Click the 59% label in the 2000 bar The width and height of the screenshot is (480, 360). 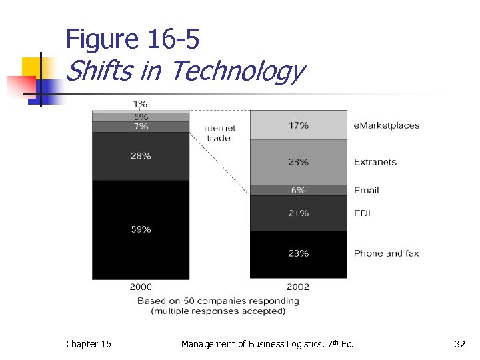click(x=141, y=229)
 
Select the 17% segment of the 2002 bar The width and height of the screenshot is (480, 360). click(x=299, y=125)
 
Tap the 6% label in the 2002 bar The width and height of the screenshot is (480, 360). click(x=299, y=190)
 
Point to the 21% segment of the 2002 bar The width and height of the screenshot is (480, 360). click(x=299, y=213)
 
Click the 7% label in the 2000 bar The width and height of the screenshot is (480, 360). click(x=141, y=126)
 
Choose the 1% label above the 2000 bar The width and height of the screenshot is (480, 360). click(x=141, y=103)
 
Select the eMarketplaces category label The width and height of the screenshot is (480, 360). click(x=387, y=125)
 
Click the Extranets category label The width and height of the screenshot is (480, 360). click(x=375, y=162)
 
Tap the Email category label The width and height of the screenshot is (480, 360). click(x=366, y=190)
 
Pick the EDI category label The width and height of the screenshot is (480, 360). click(x=363, y=213)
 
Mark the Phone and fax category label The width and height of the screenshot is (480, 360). click(x=386, y=253)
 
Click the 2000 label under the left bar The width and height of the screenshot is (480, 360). click(x=141, y=287)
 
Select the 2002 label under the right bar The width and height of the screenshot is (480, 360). click(x=298, y=287)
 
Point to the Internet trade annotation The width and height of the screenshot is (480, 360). click(x=219, y=133)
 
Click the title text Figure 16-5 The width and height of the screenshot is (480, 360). click(x=132, y=41)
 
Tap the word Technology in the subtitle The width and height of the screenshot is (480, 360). click(x=238, y=70)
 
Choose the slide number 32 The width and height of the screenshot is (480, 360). click(x=459, y=344)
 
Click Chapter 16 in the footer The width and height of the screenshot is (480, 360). click(x=89, y=344)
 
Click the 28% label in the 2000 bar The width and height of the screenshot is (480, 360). click(x=141, y=156)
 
